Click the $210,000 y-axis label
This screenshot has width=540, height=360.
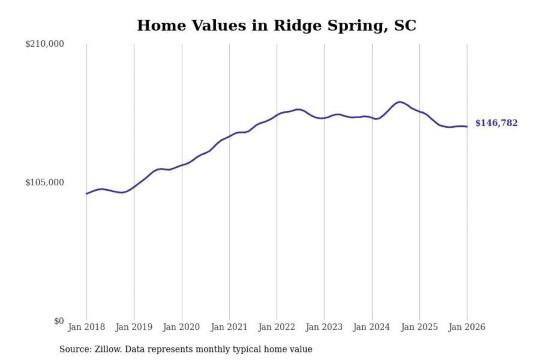coord(45,44)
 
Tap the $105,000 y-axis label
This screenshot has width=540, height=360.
coord(45,183)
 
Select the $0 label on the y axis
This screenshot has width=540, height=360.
coord(59,321)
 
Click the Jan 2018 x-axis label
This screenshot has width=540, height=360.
coord(87,327)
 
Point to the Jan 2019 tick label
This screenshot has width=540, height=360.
coord(134,327)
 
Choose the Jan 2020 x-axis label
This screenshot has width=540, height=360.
coord(181,327)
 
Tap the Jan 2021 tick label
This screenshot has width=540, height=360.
coord(229,327)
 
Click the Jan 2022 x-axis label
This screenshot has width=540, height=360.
coord(277,327)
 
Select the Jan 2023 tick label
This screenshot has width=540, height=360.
coord(324,327)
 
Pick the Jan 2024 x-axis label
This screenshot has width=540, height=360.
coord(372,327)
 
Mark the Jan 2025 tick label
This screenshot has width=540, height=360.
coord(419,327)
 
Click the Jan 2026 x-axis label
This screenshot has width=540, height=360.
coord(467,327)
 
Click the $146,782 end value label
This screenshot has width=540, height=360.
coord(496,123)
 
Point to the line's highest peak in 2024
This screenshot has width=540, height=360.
coord(400,102)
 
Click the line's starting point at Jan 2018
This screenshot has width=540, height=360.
coord(87,193)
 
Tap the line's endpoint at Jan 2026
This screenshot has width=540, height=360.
coord(467,127)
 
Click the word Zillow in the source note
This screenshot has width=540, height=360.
coord(108,349)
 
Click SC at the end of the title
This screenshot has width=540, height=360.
coord(405,25)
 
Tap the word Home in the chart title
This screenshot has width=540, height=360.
coord(162,25)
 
